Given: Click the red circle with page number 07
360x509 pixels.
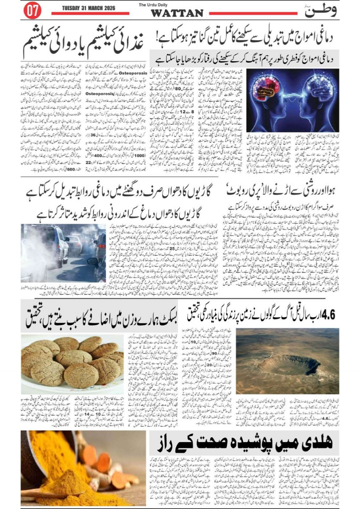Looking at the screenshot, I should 33,11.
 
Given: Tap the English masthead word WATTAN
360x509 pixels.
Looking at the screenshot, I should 177,13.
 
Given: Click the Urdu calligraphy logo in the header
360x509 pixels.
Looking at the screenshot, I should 320,11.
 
